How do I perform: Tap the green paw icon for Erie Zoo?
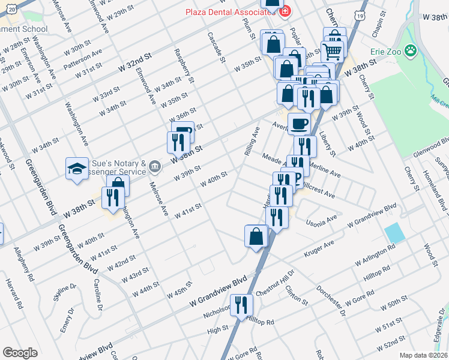(x=411, y=52)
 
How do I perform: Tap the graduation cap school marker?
(x=77, y=170)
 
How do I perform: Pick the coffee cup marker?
(x=299, y=124)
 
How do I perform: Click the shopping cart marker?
(x=334, y=49)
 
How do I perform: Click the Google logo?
(x=20, y=353)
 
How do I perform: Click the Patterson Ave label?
(x=82, y=58)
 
